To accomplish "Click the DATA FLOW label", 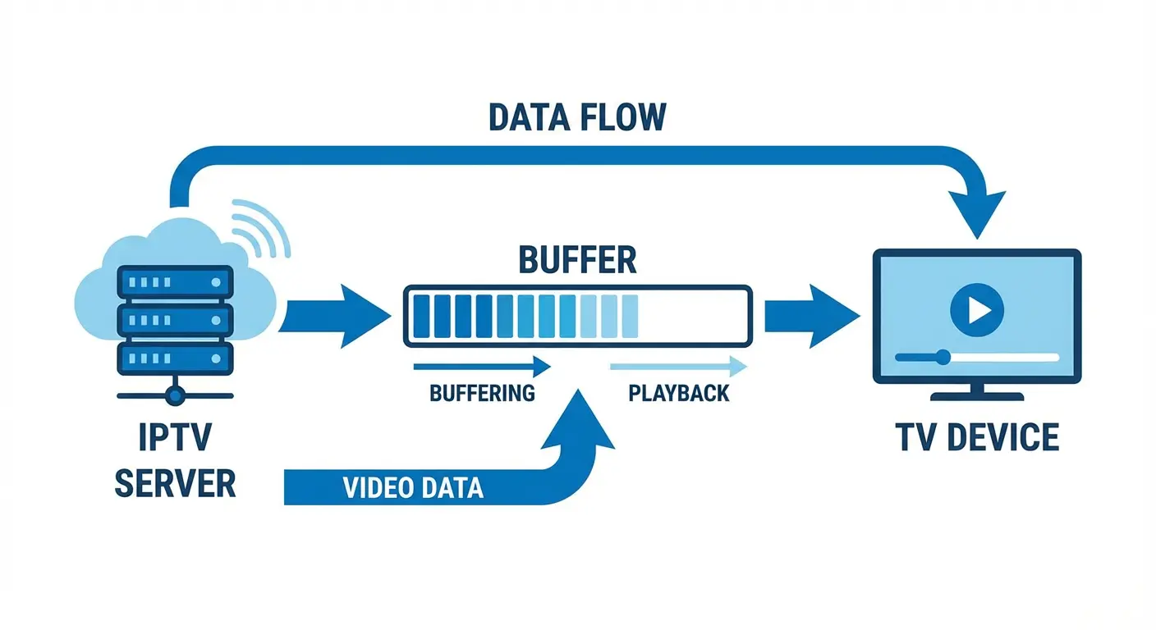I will [x=576, y=117].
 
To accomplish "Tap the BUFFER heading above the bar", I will [x=577, y=260].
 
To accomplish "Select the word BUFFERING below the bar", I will [x=482, y=392].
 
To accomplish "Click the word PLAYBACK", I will [x=678, y=392].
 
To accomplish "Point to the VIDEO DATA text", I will [x=413, y=488].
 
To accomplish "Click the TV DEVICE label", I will [x=977, y=437].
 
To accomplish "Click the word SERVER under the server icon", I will [x=175, y=484].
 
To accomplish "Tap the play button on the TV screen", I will [x=976, y=309].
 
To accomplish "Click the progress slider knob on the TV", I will [x=943, y=357].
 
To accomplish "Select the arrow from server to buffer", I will [x=333, y=316].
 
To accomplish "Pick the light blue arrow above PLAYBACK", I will [x=678, y=365].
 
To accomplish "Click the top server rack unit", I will [x=175, y=281].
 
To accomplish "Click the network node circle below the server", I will [x=175, y=395].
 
